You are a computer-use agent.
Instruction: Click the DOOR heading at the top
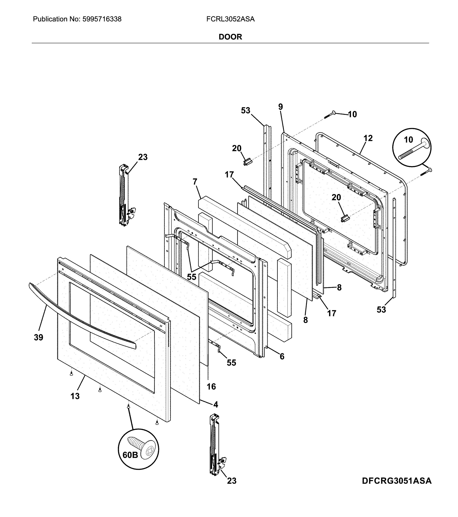(x=230, y=37)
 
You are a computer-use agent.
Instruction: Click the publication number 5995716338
(x=102, y=19)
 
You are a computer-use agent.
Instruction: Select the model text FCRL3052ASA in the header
(x=230, y=19)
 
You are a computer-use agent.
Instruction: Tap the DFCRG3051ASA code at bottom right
(x=397, y=488)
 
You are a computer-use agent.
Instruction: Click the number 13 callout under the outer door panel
(x=75, y=396)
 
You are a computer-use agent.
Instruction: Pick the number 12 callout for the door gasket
(x=368, y=138)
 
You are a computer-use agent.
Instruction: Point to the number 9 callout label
(x=281, y=107)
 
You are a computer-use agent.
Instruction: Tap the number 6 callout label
(x=282, y=356)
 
